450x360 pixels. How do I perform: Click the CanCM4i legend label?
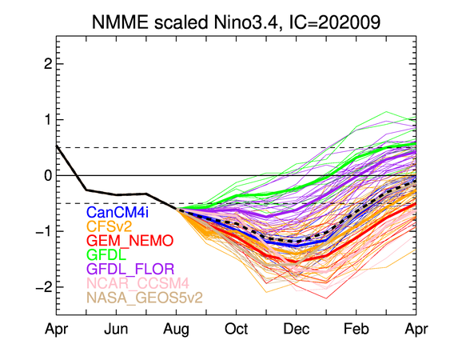point(117,212)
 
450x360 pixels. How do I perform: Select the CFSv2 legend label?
point(109,226)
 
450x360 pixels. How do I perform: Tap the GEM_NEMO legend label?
point(130,241)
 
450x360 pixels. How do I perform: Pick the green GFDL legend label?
point(106,254)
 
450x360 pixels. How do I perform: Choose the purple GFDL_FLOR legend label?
point(130,269)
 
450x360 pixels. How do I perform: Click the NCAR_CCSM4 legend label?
point(137,283)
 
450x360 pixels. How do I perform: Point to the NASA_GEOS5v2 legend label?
point(145,298)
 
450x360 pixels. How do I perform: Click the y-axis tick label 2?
point(48,64)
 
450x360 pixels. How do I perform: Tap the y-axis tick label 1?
point(48,120)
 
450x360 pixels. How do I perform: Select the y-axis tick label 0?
point(48,175)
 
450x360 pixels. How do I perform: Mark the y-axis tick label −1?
point(44,231)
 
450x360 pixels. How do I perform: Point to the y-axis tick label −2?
point(44,287)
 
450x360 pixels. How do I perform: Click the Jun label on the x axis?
point(116,329)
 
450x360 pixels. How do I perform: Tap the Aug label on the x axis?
point(176,330)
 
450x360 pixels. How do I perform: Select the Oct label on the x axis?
point(237,329)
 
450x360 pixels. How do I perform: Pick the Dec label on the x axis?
point(297,329)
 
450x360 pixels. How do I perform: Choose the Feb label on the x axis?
point(356,329)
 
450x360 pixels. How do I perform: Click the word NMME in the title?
point(120,22)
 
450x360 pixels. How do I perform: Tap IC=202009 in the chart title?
point(335,22)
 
